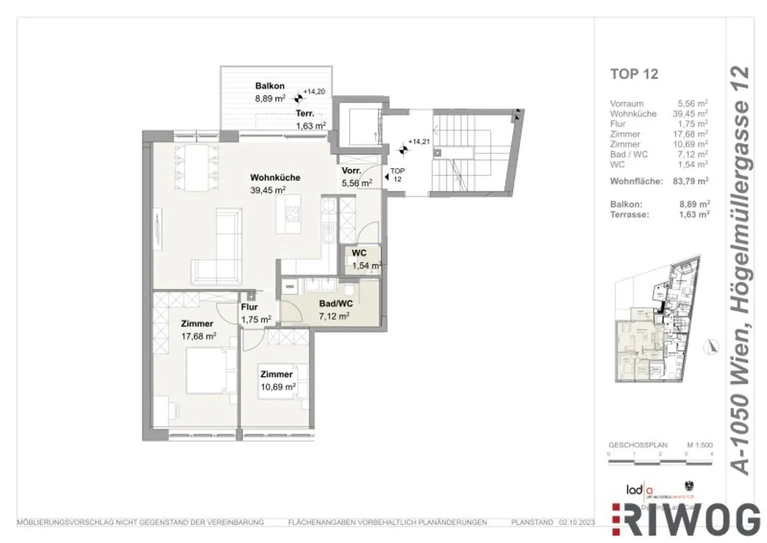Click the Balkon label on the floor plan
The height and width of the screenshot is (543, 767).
click(270, 86)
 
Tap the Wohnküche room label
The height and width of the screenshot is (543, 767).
click(275, 177)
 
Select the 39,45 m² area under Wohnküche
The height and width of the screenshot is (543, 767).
click(268, 190)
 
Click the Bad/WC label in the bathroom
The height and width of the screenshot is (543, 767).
click(336, 303)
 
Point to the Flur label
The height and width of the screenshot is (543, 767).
click(249, 307)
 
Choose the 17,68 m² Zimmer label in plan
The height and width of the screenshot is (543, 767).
click(198, 336)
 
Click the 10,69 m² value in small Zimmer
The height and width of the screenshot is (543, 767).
click(278, 387)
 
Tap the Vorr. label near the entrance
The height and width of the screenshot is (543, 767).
click(351, 171)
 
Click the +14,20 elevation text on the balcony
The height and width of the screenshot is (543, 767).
click(314, 92)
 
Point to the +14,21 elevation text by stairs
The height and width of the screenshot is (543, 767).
click(418, 142)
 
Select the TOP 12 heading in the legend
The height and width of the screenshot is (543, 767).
click(634, 74)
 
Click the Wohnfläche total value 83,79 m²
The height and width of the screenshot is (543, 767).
click(691, 181)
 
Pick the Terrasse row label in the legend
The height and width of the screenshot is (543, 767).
click(629, 215)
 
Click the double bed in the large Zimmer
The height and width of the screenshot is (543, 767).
click(207, 371)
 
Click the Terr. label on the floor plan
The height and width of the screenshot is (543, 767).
click(305, 113)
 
